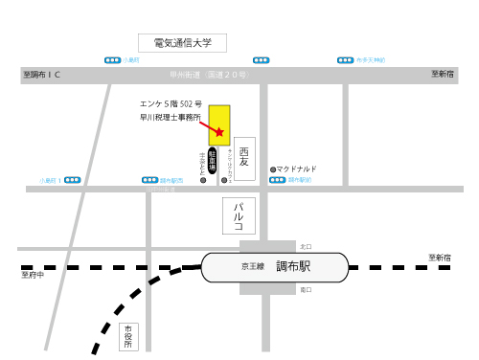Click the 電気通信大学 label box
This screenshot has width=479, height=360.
click(182, 43)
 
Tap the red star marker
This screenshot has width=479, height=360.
click(219, 131)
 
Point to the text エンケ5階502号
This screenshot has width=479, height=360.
click(171, 101)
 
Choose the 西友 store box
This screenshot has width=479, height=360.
click(244, 152)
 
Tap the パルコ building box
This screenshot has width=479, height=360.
click(239, 216)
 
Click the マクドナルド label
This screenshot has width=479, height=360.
click(297, 169)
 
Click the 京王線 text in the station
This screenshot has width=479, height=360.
click(252, 268)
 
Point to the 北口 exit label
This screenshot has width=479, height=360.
click(306, 246)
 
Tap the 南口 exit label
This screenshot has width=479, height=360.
click(306, 289)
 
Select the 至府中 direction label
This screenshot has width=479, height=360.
click(33, 276)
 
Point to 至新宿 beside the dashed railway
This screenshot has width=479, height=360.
click(440, 258)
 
